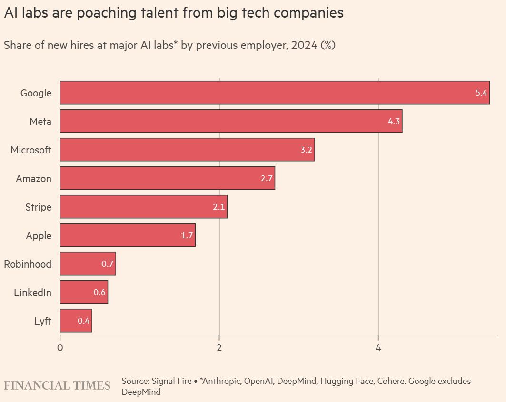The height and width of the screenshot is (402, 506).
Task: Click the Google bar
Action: (275, 93)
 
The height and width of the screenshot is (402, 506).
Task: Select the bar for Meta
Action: (231, 121)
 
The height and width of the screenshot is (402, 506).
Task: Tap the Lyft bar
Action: (76, 321)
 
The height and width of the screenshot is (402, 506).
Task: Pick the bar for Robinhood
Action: (88, 264)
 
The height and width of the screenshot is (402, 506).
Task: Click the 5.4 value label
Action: (481, 93)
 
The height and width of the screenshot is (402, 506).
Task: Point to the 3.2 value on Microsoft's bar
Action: (306, 150)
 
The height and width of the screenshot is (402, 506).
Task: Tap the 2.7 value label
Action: (267, 178)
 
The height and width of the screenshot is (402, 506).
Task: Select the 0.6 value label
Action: (99, 292)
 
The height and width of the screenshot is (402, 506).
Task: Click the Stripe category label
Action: (38, 207)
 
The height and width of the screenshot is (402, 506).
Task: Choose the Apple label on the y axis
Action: (39, 236)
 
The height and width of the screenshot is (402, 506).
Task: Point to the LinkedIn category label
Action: (32, 293)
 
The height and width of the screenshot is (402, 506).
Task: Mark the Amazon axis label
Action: (33, 179)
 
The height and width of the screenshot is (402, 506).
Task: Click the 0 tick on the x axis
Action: (60, 347)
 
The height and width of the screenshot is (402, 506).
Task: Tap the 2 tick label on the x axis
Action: (219, 347)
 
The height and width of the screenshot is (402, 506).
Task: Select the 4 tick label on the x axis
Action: (378, 347)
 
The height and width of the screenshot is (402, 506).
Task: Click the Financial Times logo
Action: (57, 385)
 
